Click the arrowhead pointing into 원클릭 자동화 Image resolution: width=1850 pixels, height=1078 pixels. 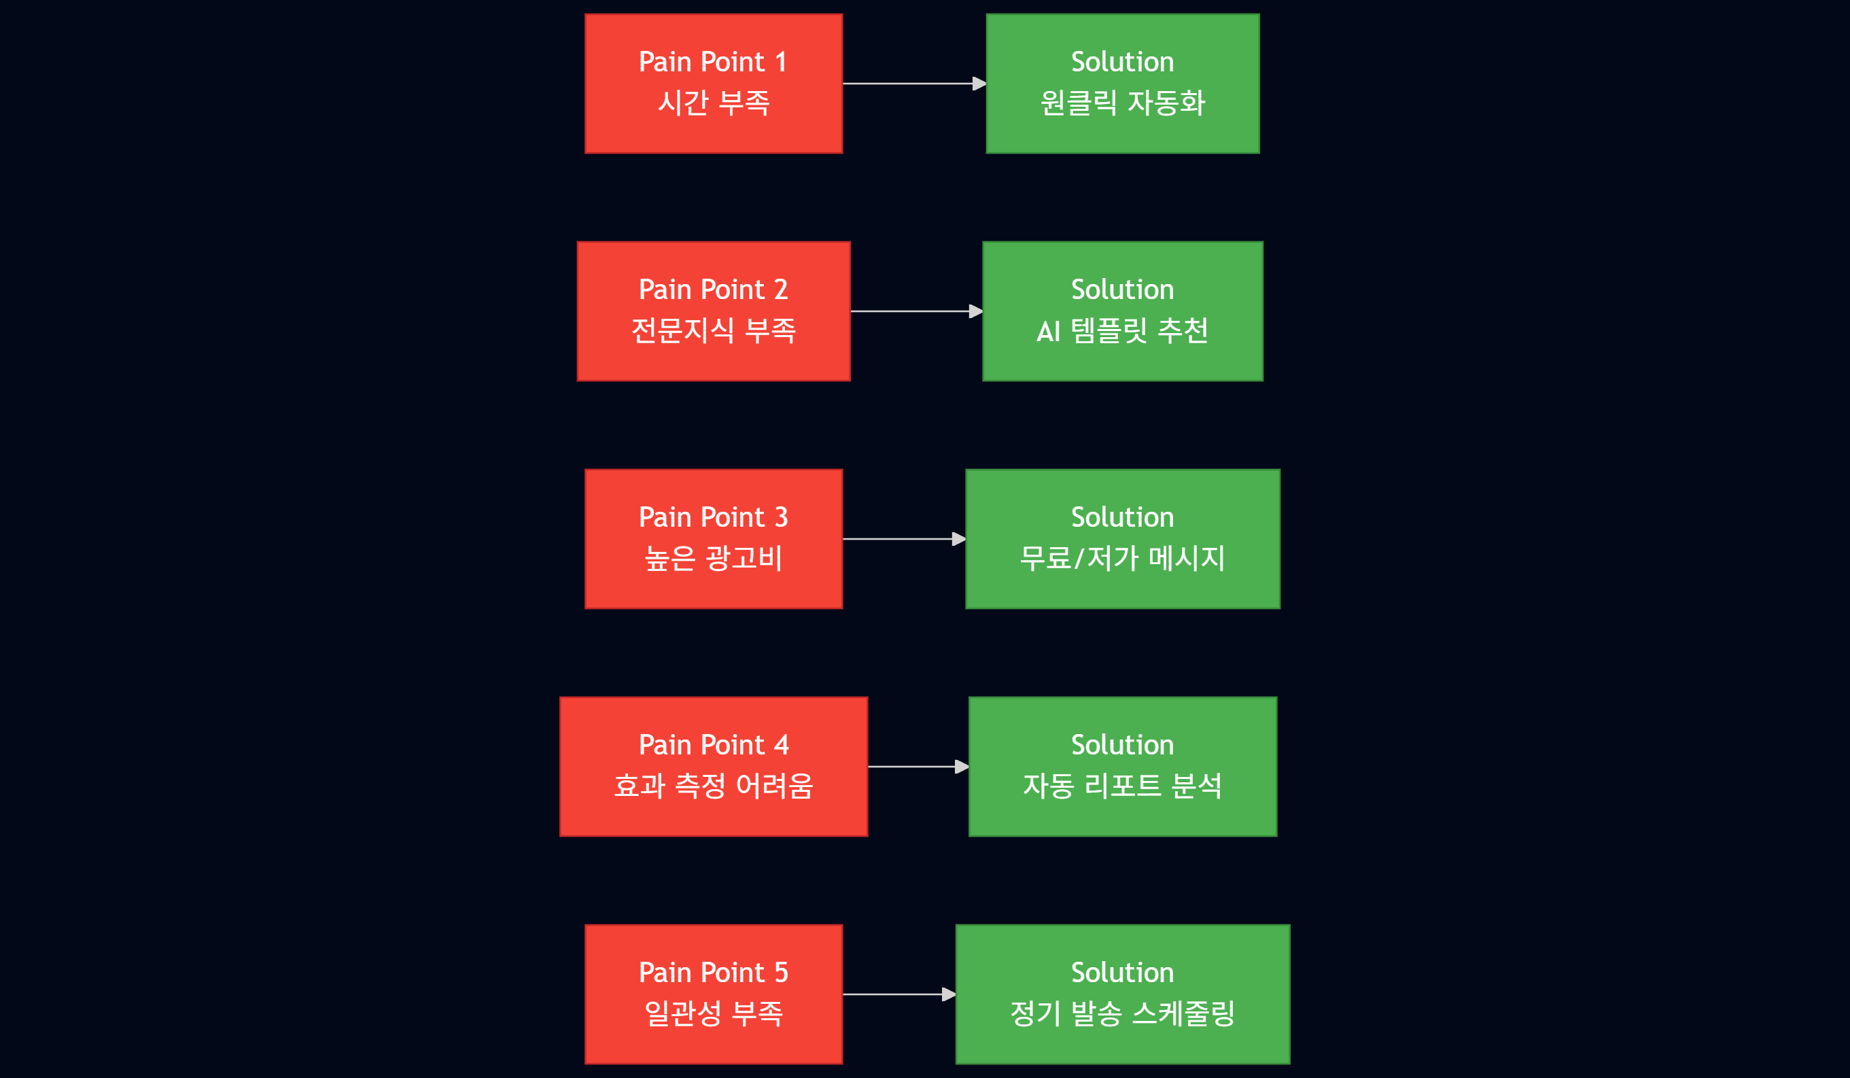point(979,84)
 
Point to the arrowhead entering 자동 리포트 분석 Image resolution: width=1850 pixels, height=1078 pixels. point(962,767)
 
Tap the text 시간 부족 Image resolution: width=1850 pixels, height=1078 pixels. point(713,103)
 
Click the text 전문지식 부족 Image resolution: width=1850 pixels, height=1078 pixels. point(713,330)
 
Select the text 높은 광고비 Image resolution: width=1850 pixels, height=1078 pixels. point(713,558)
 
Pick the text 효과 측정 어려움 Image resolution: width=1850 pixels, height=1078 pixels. point(713,786)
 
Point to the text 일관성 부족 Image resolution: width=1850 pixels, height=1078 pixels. point(713,1013)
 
